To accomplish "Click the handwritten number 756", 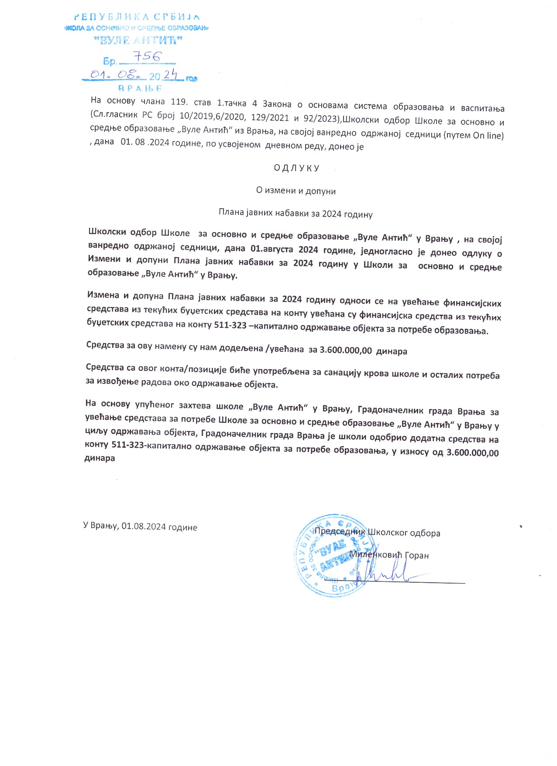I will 147,56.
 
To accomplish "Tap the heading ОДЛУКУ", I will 297,168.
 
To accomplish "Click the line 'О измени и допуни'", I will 296,191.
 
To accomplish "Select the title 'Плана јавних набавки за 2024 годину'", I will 296,214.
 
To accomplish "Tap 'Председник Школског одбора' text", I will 377,532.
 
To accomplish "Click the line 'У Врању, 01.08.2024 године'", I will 140,526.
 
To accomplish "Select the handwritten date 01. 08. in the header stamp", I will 116,75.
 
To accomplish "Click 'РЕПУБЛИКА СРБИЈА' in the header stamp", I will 137,17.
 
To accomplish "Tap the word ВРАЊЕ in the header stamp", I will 140,88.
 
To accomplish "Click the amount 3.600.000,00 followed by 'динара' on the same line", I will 346,350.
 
